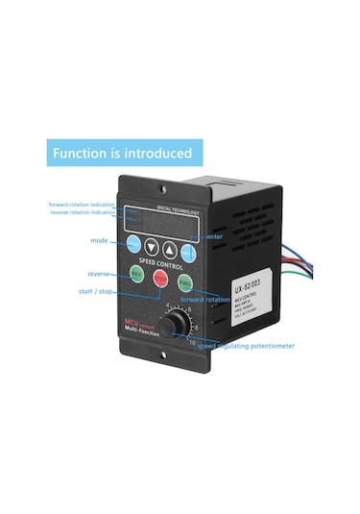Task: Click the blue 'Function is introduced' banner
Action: click(121, 153)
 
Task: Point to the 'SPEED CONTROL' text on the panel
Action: click(161, 262)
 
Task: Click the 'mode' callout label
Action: click(100, 240)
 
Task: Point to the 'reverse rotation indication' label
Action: click(84, 212)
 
